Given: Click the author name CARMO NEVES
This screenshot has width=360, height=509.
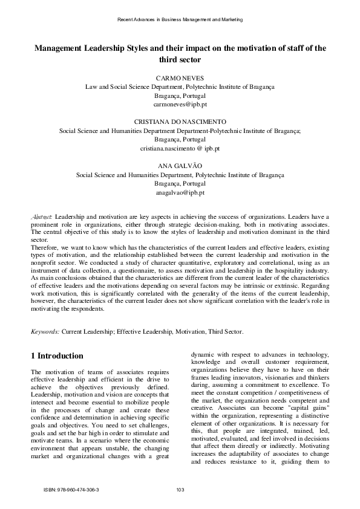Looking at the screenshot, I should pyautogui.click(x=180, y=79).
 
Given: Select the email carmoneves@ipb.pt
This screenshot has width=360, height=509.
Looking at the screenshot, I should pyautogui.click(x=180, y=104).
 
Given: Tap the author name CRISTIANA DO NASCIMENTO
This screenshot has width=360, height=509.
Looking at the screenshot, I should pyautogui.click(x=180, y=122).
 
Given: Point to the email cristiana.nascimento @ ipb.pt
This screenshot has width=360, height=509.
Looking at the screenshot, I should pyautogui.click(x=180, y=148).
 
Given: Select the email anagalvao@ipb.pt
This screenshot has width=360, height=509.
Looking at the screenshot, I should pyautogui.click(x=180, y=192).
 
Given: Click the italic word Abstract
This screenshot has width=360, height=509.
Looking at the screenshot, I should pyautogui.click(x=42, y=216).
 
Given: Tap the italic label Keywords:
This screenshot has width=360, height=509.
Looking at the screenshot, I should pyautogui.click(x=45, y=331).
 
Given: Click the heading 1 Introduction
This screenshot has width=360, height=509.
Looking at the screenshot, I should pyautogui.click(x=57, y=355).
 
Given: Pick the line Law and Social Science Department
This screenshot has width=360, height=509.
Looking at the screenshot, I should pyautogui.click(x=180, y=87).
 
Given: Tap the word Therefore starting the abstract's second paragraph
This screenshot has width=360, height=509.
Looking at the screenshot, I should pyautogui.click(x=46, y=247).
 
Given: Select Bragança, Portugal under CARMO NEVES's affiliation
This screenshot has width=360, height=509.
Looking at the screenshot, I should pyautogui.click(x=180, y=96).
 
